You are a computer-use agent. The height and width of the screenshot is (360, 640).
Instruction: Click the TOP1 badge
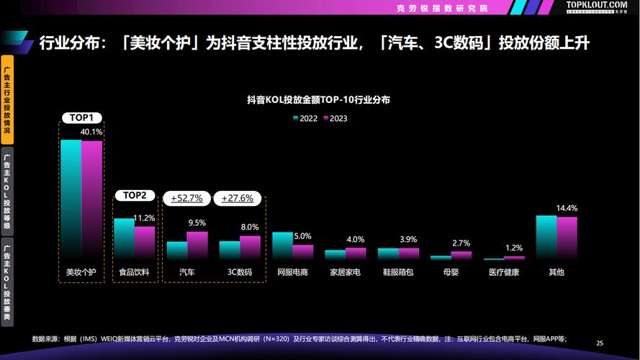pos(81,117)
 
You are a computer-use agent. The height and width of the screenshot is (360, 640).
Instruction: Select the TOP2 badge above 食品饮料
pos(134,195)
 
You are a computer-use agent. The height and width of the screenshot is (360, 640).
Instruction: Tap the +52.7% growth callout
pos(186,198)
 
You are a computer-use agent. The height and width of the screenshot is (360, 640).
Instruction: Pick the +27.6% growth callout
pos(238,198)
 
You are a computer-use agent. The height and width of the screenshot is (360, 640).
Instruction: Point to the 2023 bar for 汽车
pos(197,245)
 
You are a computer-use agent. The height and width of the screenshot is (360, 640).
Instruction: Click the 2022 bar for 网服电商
pos(281,246)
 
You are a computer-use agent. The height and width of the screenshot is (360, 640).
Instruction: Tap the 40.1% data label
pos(91,132)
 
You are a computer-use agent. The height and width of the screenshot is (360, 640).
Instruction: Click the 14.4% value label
pos(567,208)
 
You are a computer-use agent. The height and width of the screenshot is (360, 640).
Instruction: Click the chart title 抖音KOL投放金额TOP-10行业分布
pos(319,101)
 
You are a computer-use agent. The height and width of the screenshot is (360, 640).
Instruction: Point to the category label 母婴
pos(451,273)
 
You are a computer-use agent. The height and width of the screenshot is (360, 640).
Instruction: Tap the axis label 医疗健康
pos(504,273)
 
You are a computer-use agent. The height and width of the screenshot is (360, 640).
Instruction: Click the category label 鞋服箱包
pos(398,273)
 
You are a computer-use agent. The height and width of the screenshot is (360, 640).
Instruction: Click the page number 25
pos(600,343)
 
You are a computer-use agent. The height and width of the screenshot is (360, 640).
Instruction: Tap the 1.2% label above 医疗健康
pos(514,248)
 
